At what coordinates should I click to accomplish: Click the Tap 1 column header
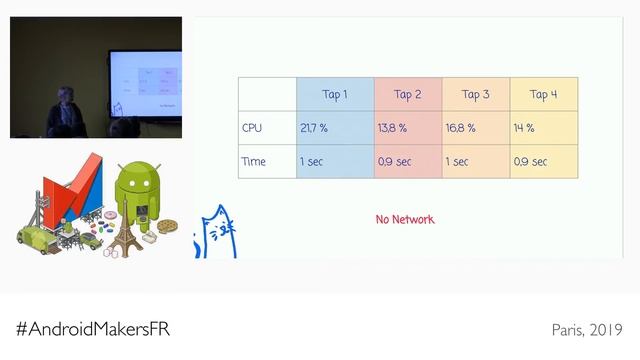click(x=335, y=95)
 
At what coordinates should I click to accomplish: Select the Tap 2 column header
click(x=408, y=95)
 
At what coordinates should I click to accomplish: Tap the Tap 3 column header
click(x=476, y=95)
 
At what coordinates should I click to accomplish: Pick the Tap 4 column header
click(x=543, y=95)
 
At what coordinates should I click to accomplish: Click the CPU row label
click(x=252, y=128)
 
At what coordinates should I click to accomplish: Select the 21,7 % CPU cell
click(x=314, y=128)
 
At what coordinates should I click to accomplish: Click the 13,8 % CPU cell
click(x=393, y=128)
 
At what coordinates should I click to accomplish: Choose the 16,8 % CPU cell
click(x=461, y=128)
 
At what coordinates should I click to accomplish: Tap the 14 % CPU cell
click(x=525, y=128)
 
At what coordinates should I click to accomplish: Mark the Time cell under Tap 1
click(x=310, y=161)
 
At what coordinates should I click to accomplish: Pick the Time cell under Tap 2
click(x=395, y=161)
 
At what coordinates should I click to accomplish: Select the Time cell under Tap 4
click(x=531, y=161)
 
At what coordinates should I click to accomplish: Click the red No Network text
click(x=405, y=219)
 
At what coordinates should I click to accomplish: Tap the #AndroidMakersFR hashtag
click(x=100, y=329)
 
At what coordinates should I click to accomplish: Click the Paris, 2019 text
click(x=587, y=329)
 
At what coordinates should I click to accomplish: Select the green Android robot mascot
click(x=136, y=195)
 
